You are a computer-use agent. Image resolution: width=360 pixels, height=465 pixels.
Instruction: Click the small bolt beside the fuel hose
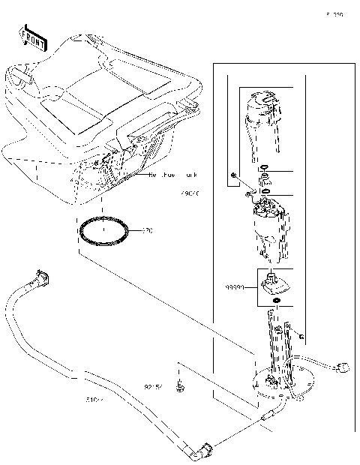click(181, 387)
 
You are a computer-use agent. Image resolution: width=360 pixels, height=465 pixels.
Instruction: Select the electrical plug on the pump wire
click(346, 367)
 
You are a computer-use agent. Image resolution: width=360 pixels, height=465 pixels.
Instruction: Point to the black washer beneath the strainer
click(277, 301)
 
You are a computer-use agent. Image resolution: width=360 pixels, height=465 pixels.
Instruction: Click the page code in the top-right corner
click(334, 14)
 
